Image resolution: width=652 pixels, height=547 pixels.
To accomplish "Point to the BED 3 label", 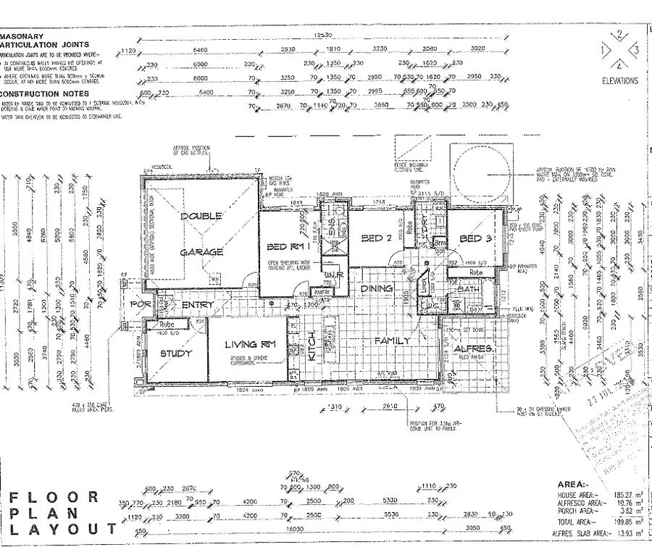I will [x=476, y=239].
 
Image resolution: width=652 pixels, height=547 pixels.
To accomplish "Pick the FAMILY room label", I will [x=392, y=339].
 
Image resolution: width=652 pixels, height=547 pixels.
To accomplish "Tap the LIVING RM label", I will [x=251, y=344].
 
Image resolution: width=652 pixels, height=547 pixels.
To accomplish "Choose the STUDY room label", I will [x=176, y=354].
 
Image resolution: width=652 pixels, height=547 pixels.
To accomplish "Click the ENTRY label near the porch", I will [x=197, y=305].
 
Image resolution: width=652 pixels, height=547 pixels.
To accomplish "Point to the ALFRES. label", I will [x=475, y=348].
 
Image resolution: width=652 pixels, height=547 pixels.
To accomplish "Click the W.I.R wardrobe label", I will [x=333, y=276].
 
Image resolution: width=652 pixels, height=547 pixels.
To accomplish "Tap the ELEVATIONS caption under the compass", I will [x=620, y=81].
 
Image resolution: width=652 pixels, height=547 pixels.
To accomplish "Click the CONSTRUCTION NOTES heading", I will [x=45, y=93].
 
